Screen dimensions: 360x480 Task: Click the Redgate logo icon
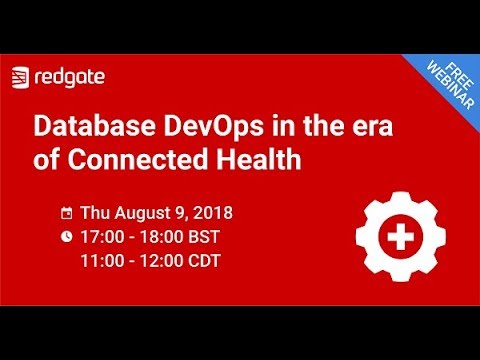pos(20,76)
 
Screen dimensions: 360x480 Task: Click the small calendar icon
pos(67,213)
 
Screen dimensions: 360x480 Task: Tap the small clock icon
pos(67,237)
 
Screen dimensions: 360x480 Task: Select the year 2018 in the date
pos(211,213)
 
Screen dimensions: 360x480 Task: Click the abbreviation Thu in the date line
pos(94,213)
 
